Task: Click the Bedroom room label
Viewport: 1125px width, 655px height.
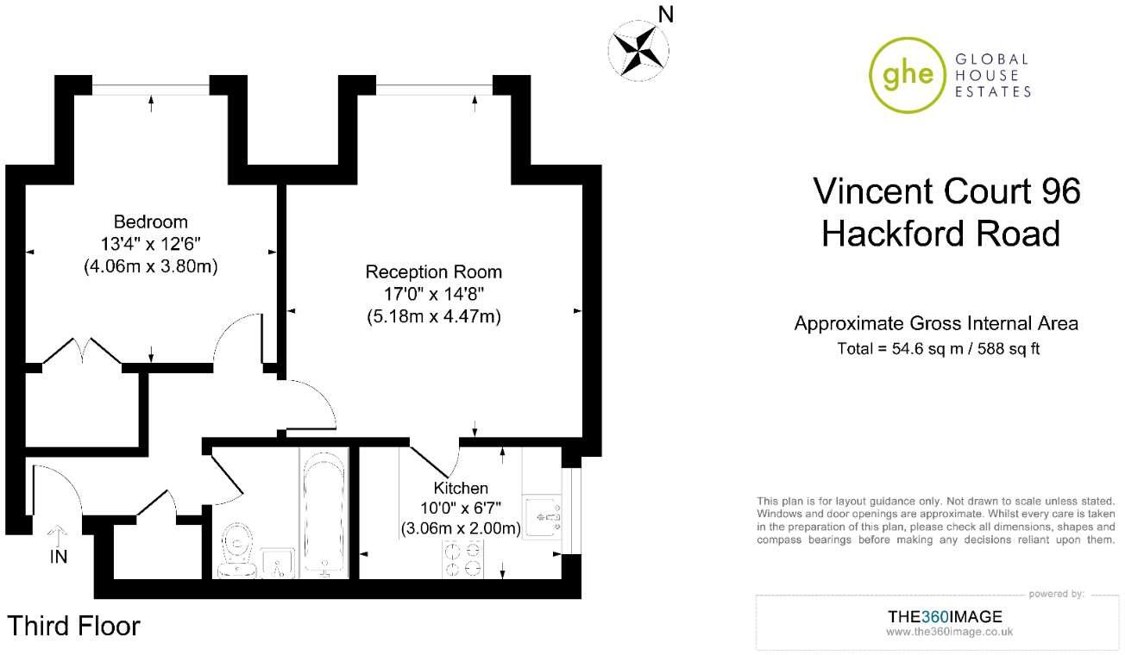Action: point(151,221)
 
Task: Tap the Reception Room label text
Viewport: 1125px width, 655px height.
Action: point(433,272)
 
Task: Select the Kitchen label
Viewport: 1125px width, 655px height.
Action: point(461,489)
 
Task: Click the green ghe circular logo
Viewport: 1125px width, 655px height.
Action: point(903,75)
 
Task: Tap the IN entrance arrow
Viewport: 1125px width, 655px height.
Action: point(58,536)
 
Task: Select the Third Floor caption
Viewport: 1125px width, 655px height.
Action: point(74,626)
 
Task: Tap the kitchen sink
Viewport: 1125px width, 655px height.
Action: point(544,516)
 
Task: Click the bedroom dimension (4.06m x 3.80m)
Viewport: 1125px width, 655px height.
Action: point(150,267)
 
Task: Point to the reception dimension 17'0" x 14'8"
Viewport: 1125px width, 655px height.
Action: point(433,295)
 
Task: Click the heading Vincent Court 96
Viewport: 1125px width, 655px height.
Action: point(946,190)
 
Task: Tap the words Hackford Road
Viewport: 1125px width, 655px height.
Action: point(940,234)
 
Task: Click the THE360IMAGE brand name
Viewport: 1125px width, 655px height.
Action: point(945,616)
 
